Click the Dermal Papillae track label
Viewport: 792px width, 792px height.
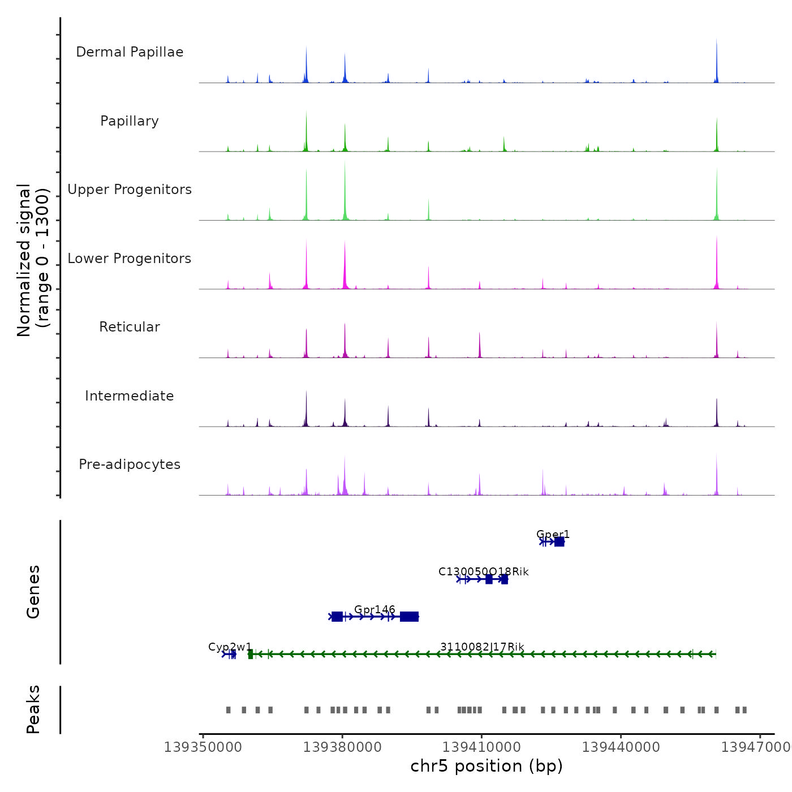130,52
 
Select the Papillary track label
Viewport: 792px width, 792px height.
130,121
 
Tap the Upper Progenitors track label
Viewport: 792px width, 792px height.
130,190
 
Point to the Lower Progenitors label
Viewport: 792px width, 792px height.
130,259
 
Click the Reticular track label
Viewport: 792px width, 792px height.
130,327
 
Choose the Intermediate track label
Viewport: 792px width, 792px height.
130,396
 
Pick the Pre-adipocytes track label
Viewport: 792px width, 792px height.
130,464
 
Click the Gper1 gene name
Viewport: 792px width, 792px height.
553,534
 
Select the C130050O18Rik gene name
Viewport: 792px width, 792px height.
483,571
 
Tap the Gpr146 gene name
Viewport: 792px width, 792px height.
375,609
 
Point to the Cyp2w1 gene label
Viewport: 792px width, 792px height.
230,647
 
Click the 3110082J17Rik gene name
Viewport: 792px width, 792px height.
482,647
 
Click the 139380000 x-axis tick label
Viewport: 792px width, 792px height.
342,747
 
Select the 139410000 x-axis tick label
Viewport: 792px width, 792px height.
481,747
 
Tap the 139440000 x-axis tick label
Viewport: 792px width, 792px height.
621,747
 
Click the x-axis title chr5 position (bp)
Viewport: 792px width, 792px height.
487,766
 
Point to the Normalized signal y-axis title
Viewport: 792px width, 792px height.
33,260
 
